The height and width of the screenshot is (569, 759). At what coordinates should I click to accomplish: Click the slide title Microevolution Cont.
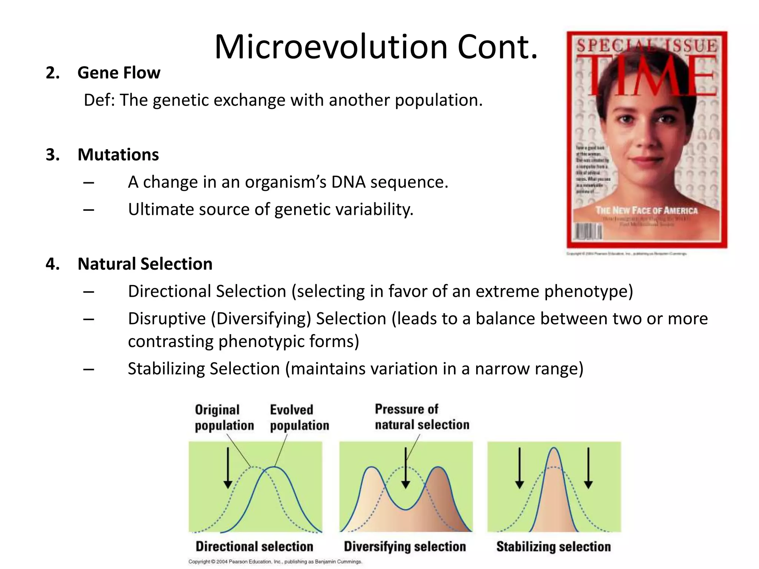[376, 47]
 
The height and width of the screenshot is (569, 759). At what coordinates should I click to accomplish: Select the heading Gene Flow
[119, 73]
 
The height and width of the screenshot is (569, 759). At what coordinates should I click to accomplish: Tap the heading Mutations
[118, 154]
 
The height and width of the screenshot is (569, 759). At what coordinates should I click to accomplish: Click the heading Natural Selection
[145, 264]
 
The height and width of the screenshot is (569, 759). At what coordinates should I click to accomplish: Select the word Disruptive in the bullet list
[166, 319]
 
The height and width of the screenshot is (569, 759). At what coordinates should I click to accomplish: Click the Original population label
[224, 417]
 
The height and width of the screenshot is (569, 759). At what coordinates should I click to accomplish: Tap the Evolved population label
[299, 417]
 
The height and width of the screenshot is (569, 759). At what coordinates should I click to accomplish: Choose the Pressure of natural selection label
[422, 417]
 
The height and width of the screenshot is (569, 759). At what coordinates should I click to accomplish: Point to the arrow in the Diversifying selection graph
[406, 468]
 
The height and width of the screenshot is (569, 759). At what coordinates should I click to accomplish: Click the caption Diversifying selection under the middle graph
[405, 546]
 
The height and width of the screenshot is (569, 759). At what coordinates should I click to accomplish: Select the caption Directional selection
[254, 546]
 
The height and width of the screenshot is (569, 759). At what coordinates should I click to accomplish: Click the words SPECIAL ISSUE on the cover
[647, 46]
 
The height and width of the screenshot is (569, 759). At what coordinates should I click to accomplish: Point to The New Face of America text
[646, 210]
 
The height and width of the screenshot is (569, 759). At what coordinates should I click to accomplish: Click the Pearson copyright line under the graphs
[275, 562]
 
